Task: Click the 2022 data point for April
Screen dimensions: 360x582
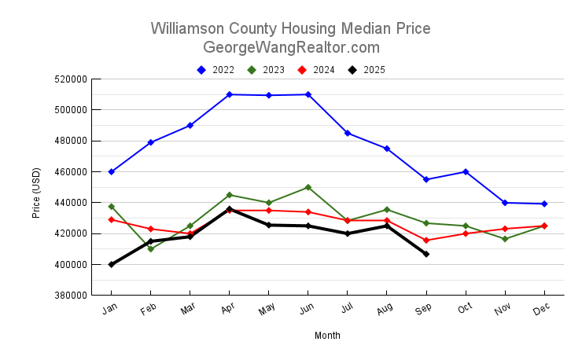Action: click(x=229, y=94)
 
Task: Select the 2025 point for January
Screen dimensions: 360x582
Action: click(x=112, y=264)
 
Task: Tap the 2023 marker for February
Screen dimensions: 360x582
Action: click(x=151, y=248)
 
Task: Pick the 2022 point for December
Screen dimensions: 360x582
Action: click(x=544, y=204)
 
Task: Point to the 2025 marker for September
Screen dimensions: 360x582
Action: click(x=426, y=254)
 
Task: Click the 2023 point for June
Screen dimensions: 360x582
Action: click(x=308, y=187)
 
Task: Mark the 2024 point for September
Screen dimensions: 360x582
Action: click(x=426, y=241)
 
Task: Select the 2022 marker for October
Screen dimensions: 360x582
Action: click(x=466, y=171)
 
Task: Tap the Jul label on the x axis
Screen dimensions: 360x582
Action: click(x=346, y=310)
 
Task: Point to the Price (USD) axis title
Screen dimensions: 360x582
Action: click(x=36, y=192)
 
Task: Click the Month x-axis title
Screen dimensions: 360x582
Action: click(x=327, y=336)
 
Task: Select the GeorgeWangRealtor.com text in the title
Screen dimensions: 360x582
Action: click(x=291, y=47)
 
